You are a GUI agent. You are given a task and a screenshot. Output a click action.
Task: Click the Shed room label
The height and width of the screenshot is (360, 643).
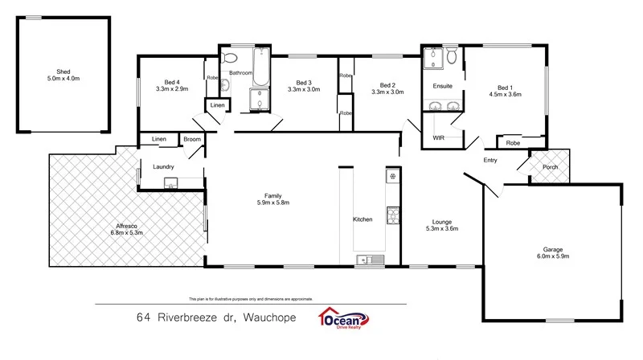[63, 72]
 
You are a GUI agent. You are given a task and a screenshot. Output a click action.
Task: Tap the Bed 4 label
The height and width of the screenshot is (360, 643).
[171, 82]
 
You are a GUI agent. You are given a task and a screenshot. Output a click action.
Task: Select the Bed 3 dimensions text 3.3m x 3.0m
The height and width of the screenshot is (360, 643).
[303, 90]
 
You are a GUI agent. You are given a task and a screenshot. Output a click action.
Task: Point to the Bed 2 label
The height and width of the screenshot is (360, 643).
[387, 85]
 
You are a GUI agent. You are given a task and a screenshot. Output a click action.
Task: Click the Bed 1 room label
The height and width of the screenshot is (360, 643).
[505, 87]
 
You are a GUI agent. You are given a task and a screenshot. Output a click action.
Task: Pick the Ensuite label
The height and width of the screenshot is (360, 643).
[443, 86]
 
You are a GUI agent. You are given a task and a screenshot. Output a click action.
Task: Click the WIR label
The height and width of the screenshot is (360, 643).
[438, 138]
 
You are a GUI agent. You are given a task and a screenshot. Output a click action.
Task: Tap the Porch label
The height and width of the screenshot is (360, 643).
[550, 167]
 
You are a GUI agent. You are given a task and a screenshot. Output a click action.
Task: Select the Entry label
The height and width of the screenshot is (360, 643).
[490, 160]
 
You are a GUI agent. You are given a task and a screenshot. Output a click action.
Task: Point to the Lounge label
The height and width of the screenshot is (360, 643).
[441, 222]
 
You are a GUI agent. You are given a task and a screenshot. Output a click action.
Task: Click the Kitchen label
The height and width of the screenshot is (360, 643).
[362, 219]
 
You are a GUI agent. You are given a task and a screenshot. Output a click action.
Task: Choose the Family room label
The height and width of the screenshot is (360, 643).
[273, 195]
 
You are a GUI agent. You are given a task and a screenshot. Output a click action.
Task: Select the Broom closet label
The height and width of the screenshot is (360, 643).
[191, 140]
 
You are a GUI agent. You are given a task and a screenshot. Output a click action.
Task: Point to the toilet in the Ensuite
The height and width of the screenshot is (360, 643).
[453, 56]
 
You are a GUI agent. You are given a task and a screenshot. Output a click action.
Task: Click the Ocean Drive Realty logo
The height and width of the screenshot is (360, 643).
[344, 318]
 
